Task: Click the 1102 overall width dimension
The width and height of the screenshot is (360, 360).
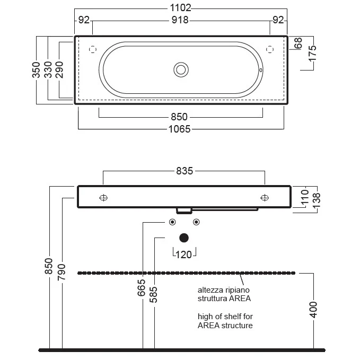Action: click(x=180, y=8)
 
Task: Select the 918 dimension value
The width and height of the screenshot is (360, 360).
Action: click(x=180, y=20)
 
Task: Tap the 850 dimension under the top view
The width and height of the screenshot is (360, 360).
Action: click(x=179, y=117)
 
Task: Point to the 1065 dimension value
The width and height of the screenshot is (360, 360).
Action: click(x=180, y=129)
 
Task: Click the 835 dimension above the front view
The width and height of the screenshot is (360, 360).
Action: click(x=185, y=171)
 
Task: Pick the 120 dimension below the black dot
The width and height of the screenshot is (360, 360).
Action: click(x=183, y=255)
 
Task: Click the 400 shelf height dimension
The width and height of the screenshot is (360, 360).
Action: click(x=313, y=310)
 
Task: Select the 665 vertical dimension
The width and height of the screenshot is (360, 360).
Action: click(x=142, y=288)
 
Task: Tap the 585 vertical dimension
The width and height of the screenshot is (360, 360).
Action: click(x=153, y=295)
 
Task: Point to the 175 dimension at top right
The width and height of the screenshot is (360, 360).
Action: click(x=312, y=54)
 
